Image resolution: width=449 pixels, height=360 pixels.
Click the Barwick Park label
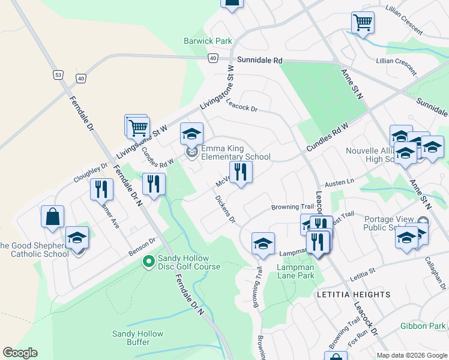click(208, 41)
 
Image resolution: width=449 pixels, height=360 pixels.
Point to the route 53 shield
click(58, 75)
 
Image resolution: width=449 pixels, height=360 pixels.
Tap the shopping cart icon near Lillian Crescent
click(363, 23)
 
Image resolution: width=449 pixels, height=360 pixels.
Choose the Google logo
click(20, 353)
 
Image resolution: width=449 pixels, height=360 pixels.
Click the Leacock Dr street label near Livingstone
click(242, 105)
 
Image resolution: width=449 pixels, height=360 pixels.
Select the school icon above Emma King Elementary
click(191, 134)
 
